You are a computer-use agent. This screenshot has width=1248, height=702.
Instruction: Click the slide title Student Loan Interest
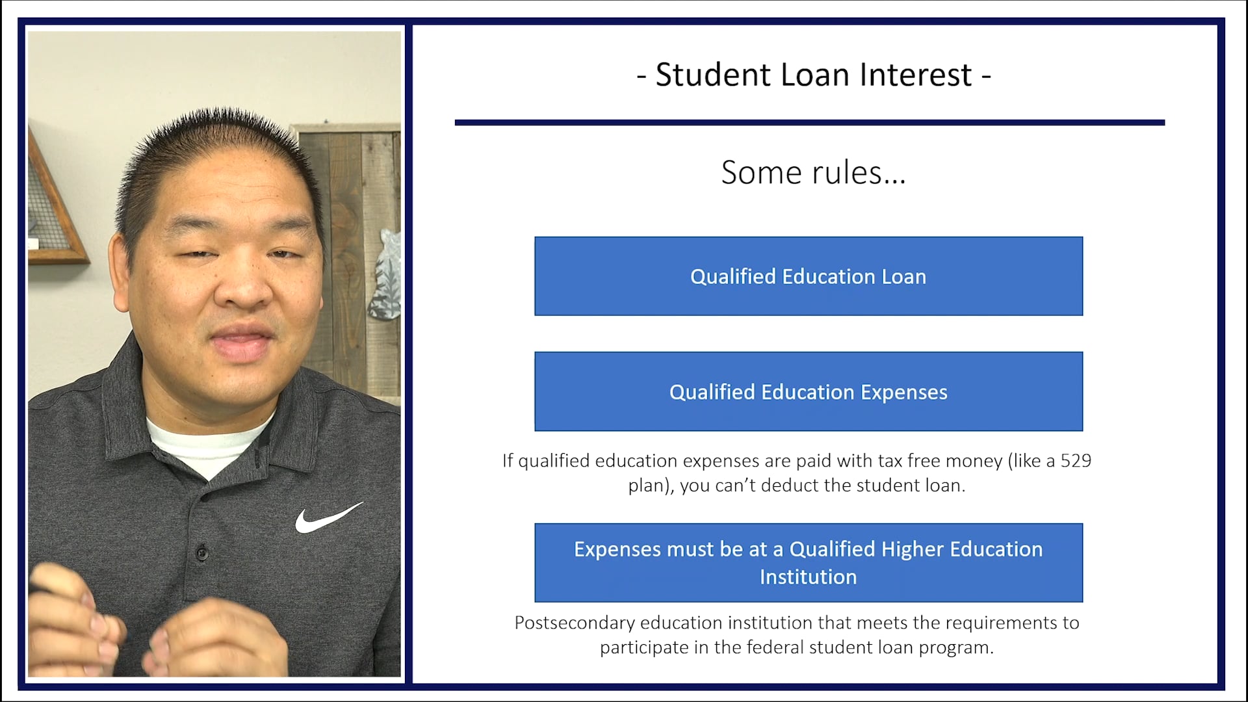[813, 75]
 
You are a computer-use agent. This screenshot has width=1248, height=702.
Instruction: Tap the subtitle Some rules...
[812, 173]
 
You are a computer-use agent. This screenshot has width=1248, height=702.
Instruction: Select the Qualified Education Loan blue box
[808, 276]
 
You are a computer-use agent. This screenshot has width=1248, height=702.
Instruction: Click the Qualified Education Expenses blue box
[808, 391]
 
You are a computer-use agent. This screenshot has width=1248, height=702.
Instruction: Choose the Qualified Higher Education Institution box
[808, 562]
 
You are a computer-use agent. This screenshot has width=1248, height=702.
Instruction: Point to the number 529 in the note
[1076, 461]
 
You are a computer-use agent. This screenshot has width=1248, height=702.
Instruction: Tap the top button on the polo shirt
[202, 553]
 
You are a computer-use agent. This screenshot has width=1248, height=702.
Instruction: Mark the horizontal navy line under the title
[809, 122]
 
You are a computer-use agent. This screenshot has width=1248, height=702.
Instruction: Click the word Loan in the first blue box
[903, 277]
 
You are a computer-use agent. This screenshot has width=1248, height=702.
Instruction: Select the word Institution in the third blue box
[808, 577]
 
